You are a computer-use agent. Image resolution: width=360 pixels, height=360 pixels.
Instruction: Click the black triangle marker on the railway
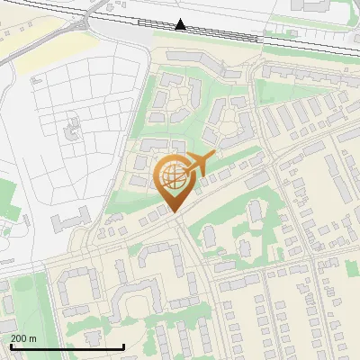[181, 24]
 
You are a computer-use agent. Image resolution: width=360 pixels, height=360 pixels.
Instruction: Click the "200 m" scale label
[23, 338]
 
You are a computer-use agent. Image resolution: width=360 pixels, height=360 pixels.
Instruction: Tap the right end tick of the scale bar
[123, 346]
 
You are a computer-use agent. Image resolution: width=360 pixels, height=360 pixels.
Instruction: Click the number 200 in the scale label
[19, 338]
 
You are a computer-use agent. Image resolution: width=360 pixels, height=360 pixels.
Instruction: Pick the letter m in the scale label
[32, 338]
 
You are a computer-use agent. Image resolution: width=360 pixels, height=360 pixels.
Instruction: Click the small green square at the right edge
[355, 265]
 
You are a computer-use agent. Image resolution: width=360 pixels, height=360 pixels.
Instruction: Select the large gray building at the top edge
[315, 5]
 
